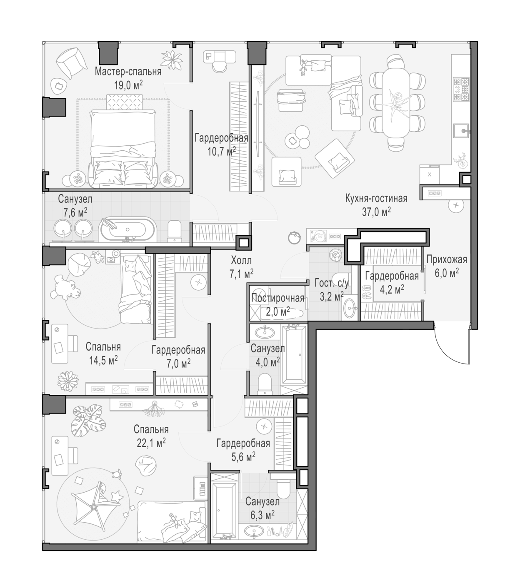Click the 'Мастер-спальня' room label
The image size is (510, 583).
[x=128, y=72]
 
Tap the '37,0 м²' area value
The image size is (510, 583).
[x=376, y=212]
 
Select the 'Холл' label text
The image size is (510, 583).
[x=241, y=260]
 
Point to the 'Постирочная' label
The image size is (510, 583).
[x=277, y=298]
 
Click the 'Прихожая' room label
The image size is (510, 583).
[x=447, y=259]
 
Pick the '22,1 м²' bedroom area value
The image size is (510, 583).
[x=151, y=443]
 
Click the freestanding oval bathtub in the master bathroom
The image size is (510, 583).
[x=127, y=229]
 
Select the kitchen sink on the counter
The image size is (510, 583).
[x=461, y=132]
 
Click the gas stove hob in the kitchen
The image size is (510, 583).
[x=461, y=89]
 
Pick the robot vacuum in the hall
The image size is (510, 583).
[x=295, y=237]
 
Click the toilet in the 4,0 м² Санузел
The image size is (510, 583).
[x=264, y=384]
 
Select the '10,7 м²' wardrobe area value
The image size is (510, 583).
[x=222, y=151]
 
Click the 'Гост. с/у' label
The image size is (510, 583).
[x=332, y=283]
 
